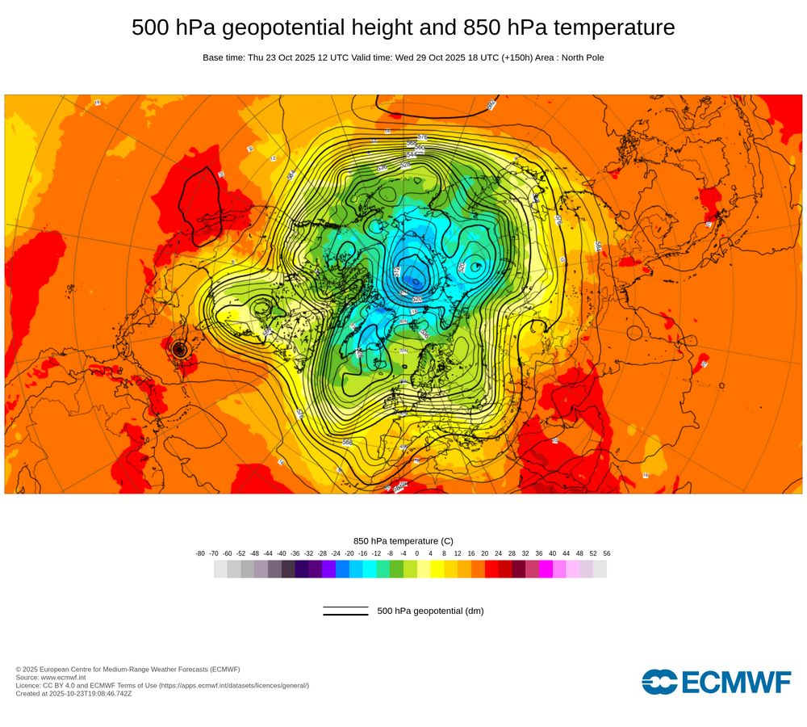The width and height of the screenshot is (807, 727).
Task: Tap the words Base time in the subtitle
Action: (224, 58)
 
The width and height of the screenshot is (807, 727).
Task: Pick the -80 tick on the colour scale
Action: (200, 553)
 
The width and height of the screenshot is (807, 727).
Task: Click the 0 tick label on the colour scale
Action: (417, 553)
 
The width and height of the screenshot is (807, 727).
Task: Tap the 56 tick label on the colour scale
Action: (606, 553)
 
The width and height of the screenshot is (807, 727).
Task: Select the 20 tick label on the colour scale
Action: (484, 553)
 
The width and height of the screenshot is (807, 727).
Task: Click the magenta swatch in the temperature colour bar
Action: (546, 569)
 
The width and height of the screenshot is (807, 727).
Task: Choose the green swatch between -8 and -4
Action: (396, 569)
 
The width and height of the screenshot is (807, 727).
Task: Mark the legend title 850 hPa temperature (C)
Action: (403, 541)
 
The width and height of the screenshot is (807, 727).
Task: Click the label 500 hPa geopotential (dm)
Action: (430, 611)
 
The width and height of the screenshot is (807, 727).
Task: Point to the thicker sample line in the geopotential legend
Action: (345, 615)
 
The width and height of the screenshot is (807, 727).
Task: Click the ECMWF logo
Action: (717, 682)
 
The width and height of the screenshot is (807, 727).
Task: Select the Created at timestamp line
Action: (73, 694)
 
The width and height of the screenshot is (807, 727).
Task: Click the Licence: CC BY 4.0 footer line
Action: (162, 686)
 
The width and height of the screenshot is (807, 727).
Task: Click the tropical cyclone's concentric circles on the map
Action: (180, 350)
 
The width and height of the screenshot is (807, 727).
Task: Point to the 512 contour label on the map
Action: (398, 272)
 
